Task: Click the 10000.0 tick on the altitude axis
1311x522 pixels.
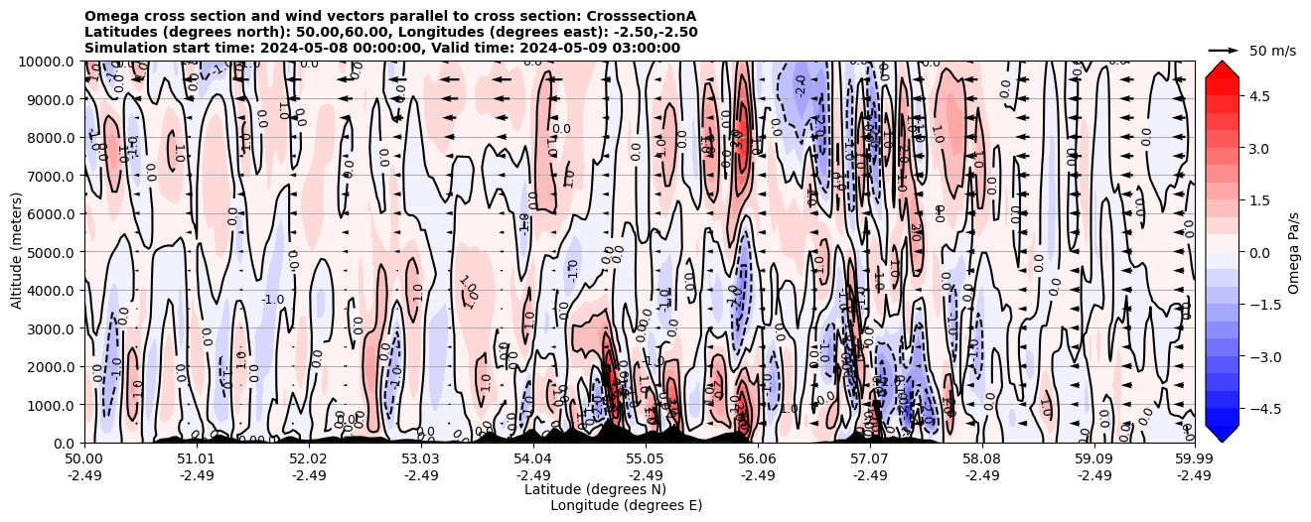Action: [x=48, y=62]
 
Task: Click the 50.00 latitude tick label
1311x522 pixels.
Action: [x=84, y=459]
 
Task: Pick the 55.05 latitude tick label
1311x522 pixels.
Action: [x=645, y=459]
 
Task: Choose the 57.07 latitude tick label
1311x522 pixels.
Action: [x=869, y=459]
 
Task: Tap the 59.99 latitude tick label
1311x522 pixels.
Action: [x=1193, y=459]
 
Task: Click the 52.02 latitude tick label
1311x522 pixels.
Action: [x=308, y=459]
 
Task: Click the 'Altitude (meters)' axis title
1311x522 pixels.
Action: [x=17, y=252]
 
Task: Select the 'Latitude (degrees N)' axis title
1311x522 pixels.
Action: [x=595, y=489]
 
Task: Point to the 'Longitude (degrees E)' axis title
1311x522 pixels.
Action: [x=626, y=505]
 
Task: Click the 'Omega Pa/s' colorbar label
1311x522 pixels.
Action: [x=1293, y=252]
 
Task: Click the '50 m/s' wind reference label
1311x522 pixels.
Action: [x=1272, y=51]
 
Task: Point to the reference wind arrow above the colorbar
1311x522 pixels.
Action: [x=1224, y=50]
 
